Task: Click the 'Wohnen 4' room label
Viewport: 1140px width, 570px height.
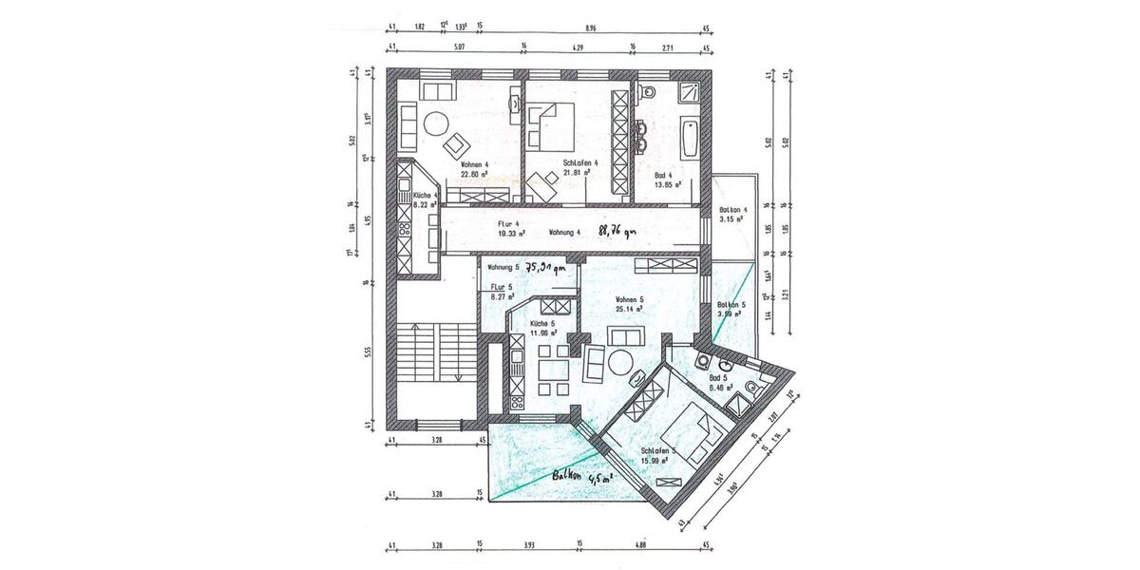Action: click(x=474, y=163)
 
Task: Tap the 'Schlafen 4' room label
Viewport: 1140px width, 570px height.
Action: click(x=579, y=163)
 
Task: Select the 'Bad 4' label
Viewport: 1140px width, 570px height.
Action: click(x=664, y=175)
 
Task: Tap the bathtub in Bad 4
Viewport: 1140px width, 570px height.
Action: click(x=688, y=139)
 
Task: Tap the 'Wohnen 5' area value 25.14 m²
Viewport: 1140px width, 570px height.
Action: click(x=628, y=309)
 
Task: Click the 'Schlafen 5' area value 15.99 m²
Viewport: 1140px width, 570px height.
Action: click(x=652, y=460)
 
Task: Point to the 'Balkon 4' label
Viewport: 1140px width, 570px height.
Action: click(x=733, y=210)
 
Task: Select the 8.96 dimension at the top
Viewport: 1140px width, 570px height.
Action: click(x=591, y=28)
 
